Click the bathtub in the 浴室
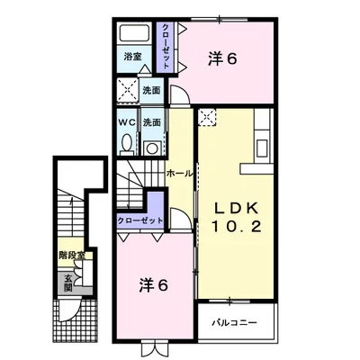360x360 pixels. pyautogui.click(x=135, y=34)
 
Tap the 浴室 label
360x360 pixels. pyautogui.click(x=133, y=57)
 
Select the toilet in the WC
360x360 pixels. pyautogui.click(x=127, y=144)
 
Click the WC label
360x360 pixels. pyautogui.click(x=127, y=122)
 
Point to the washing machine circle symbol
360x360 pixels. pyautogui.click(x=152, y=148)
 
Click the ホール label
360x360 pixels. pyautogui.click(x=179, y=174)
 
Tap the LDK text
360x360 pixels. pyautogui.click(x=236, y=208)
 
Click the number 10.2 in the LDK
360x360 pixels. pyautogui.click(x=237, y=226)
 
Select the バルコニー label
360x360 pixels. pyautogui.click(x=234, y=323)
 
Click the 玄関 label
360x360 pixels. pyautogui.click(x=68, y=283)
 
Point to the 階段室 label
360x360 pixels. pyautogui.click(x=72, y=256)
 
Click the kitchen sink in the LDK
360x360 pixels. pyautogui.click(x=262, y=148)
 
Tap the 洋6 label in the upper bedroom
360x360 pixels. pyautogui.click(x=223, y=58)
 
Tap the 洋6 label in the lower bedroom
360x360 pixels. pyautogui.click(x=153, y=285)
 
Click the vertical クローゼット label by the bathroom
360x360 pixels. pyautogui.click(x=166, y=46)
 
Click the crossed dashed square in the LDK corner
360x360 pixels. pyautogui.click(x=207, y=117)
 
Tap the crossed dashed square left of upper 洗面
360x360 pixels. pyautogui.click(x=127, y=90)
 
